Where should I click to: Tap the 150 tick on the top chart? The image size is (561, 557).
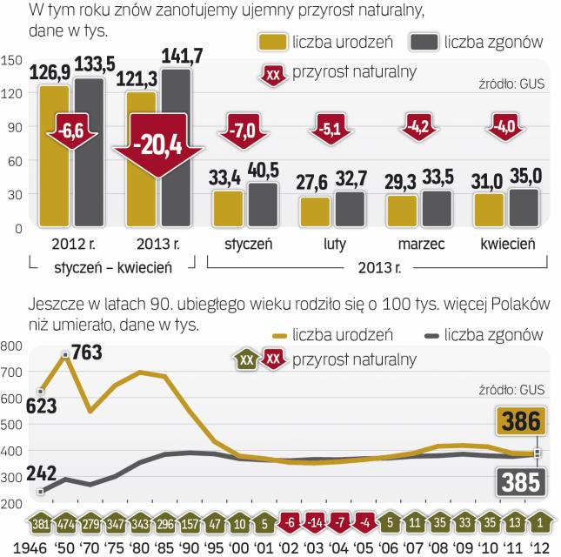pyautogui.click(x=13, y=60)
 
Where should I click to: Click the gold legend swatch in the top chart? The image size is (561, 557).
pyautogui.click(x=274, y=43)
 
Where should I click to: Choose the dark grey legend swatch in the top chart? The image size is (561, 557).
pyautogui.click(x=424, y=43)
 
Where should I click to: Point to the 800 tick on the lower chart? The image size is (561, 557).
pyautogui.click(x=13, y=346)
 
